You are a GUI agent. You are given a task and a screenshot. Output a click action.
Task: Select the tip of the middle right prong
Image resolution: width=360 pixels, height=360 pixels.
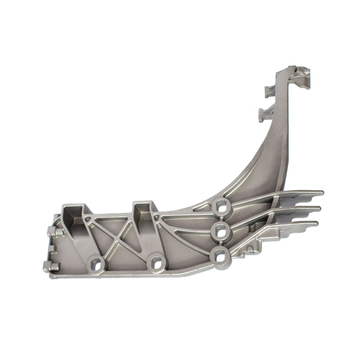[x=318, y=209]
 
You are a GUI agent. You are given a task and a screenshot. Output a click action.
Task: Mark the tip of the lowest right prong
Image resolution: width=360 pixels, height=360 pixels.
[x=315, y=223]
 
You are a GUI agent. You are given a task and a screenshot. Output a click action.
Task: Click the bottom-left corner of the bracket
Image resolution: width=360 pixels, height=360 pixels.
[x=52, y=276]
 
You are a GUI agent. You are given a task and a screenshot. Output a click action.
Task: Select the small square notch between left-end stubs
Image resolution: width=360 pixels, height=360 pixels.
[x=51, y=249]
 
